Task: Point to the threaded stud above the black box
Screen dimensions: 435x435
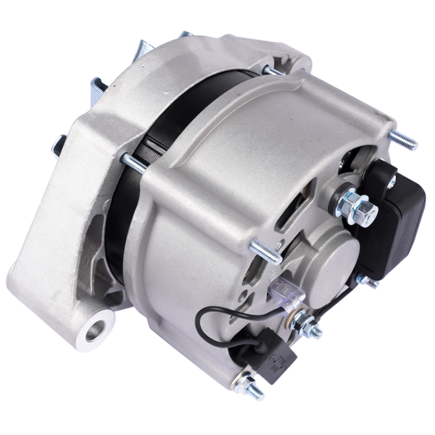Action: [402, 139]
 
